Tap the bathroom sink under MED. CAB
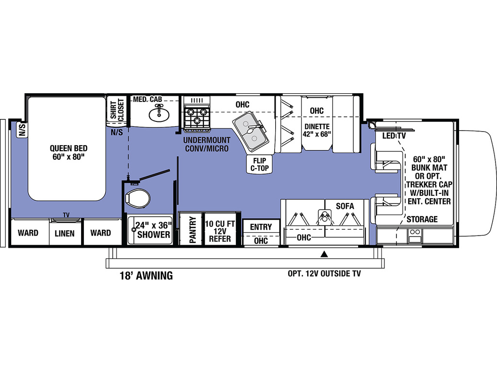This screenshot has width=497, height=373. [159, 114]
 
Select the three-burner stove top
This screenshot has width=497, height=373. [197, 115]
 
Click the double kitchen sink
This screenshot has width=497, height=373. [251, 131]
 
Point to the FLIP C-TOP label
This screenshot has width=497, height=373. [260, 164]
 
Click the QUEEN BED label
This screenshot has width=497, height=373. [68, 152]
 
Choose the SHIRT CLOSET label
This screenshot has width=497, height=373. [117, 109]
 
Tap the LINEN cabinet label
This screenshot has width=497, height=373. [65, 234]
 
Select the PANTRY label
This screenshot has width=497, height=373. [192, 230]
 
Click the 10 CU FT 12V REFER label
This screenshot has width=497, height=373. [220, 231]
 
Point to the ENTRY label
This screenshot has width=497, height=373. [261, 227]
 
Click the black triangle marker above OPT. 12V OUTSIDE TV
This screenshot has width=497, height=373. [324, 254]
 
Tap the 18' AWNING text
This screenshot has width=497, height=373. [146, 275]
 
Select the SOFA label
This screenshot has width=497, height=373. [345, 206]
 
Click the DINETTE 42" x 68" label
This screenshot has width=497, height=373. [316, 130]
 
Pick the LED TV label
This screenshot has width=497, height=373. [394, 136]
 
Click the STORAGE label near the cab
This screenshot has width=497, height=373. [422, 219]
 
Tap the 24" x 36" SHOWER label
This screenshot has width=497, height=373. [154, 230]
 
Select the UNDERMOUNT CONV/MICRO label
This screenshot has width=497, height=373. [207, 144]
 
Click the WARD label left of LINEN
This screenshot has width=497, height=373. [28, 233]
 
